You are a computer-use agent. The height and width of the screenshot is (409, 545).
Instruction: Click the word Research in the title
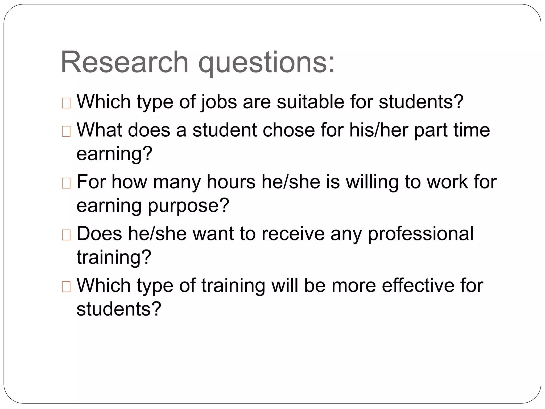click(x=125, y=62)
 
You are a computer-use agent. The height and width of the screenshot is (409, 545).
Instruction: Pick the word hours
click(x=231, y=182)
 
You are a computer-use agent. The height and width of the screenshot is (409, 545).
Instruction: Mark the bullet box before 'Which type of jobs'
click(x=66, y=103)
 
